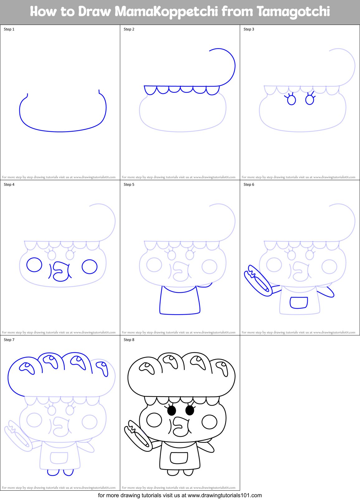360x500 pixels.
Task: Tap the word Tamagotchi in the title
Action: [x=293, y=12]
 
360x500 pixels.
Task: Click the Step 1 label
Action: [x=9, y=29]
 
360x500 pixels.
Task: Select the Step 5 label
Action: [x=129, y=185]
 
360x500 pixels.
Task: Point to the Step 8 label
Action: [x=129, y=340]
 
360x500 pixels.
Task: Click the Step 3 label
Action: [x=249, y=29]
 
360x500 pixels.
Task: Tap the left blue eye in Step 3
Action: [x=291, y=100]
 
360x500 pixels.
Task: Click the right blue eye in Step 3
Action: [x=310, y=100]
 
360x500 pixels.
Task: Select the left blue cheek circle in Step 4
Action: [x=34, y=265]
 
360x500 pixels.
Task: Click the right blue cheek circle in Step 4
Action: [x=90, y=267]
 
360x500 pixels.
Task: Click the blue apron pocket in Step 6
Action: [x=299, y=302]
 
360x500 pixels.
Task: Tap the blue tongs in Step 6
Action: [x=258, y=281]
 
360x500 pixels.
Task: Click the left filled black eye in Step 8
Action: [x=172, y=411]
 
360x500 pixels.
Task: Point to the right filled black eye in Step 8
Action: [x=190, y=410]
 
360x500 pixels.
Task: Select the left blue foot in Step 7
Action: [x=53, y=472]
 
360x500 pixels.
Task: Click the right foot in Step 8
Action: [x=188, y=473]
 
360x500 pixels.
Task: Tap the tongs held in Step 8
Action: [x=138, y=436]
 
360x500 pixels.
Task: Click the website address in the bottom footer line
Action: [x=225, y=495]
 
